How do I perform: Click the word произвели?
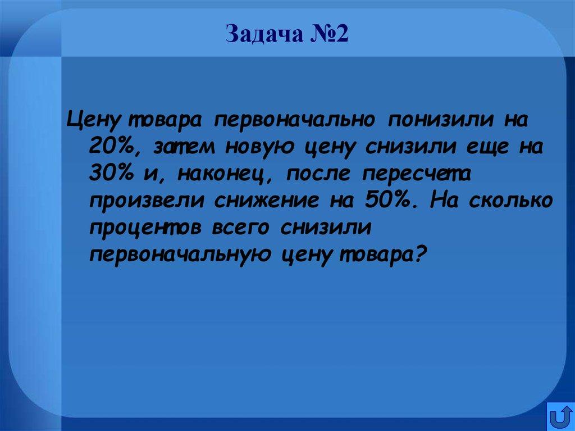coord(145,201)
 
